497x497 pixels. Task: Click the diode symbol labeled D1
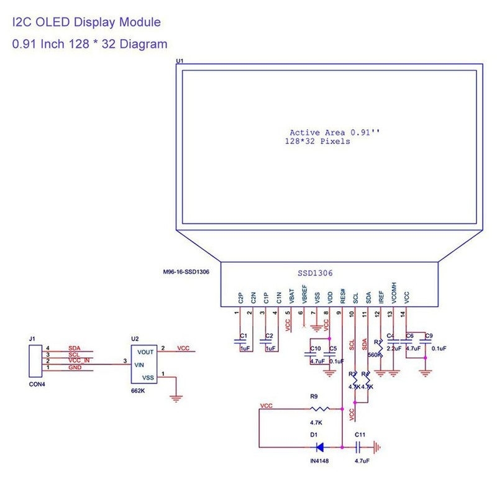(x=320, y=446)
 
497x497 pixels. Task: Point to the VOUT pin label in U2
(x=146, y=351)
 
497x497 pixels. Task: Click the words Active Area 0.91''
(x=334, y=133)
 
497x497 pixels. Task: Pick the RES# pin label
(x=342, y=296)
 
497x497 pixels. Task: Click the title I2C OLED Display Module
(x=86, y=22)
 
